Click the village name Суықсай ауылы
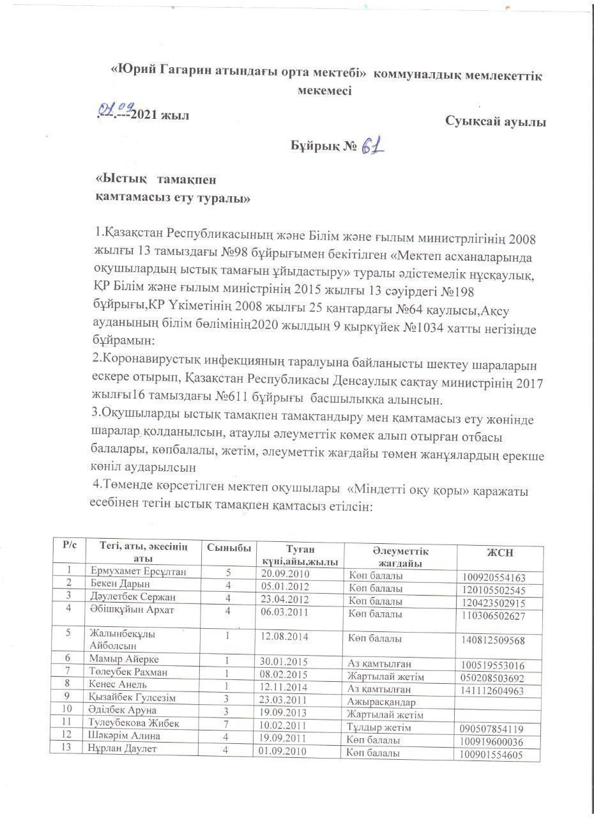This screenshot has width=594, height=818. coord(496,122)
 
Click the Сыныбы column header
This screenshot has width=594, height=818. coord(229,548)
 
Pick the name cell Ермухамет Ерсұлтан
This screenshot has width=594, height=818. coord(138,571)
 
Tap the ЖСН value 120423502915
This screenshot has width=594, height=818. coord(494,603)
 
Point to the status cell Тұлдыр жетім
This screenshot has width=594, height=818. coord(379,727)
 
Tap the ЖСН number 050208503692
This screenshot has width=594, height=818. coord(492,677)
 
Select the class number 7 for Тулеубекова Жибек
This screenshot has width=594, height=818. coord(226,723)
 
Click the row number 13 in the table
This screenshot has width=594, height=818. coord(66,748)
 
